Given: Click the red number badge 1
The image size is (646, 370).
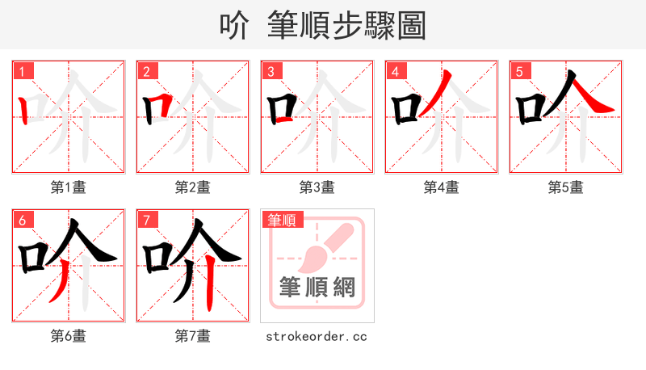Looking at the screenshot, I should pos(23,71).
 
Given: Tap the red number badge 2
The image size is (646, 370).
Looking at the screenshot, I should pos(147,71).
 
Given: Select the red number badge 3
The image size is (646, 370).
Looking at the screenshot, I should pos(271,71).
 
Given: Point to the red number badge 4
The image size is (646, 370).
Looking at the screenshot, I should pos(396,71).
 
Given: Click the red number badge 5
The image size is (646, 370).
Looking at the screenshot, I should pos(520,71).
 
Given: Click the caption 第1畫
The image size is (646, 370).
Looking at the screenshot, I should pos(69,187).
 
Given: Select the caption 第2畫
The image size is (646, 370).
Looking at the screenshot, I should pos(193,187).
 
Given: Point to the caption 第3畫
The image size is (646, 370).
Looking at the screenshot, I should pos(317,187).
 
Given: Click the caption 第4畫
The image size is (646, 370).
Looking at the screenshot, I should pos(442,187).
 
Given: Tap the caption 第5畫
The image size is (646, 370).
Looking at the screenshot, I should pos(566,187).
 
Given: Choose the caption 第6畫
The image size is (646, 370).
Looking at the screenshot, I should pos(69,336).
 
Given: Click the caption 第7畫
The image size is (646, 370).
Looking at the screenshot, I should pos(193,336).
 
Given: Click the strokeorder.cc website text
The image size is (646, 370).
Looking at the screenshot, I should pos(317,336).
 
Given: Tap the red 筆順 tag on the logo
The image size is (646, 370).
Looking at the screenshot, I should pos(282,219).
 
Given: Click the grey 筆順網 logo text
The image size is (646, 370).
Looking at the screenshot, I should pos(317,287).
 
